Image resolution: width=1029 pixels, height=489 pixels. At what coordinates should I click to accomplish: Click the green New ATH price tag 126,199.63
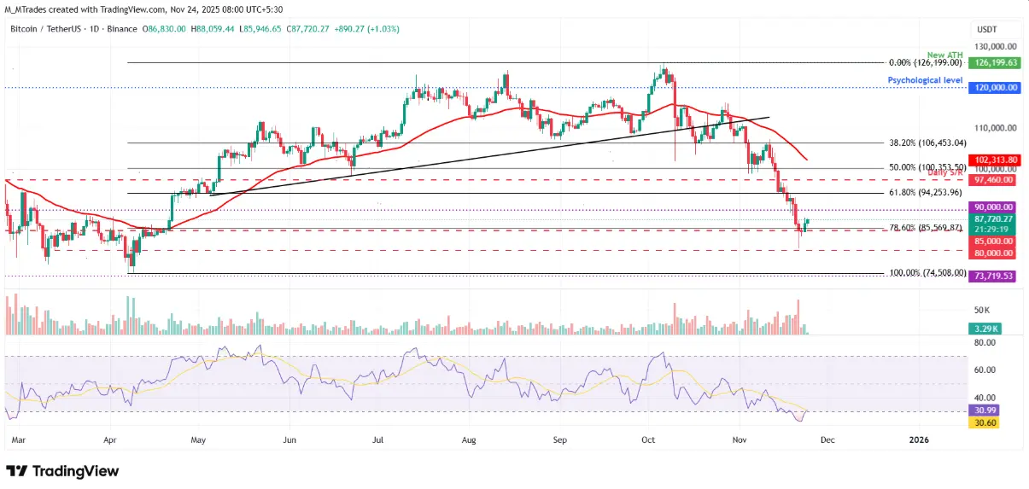993,62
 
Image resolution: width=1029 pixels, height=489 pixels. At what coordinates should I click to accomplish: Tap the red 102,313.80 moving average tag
993,160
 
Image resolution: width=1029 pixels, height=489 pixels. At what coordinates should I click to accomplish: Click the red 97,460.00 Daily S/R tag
993,180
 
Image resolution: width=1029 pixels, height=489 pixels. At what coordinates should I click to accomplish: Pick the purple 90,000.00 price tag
993,207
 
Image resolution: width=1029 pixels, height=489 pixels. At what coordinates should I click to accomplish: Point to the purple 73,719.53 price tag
993,277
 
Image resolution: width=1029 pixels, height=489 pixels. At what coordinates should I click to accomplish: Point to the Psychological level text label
925,80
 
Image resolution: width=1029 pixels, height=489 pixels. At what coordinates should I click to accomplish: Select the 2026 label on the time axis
919,440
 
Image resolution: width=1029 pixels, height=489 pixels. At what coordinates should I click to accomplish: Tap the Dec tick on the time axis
828,440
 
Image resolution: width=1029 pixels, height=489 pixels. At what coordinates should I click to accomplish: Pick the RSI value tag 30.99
985,410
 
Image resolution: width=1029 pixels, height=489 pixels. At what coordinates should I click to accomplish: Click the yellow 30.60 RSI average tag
985,422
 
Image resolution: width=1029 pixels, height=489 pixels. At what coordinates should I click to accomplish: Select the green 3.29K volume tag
985,328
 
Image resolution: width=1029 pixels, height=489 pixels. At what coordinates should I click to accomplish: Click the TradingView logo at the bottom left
62,471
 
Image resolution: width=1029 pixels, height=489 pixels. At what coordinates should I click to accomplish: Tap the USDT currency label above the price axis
987,29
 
